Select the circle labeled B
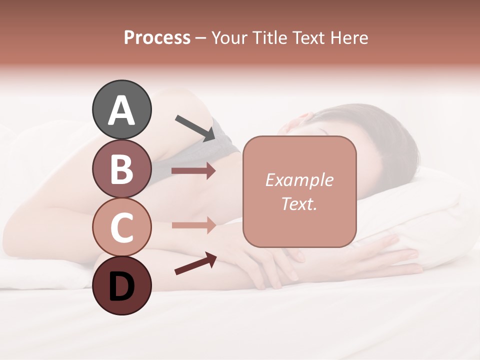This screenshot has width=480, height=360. click(121, 168)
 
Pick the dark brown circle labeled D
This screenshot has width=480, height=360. click(121, 285)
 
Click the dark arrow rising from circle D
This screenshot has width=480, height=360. click(195, 263)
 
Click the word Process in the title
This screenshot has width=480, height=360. click(157, 37)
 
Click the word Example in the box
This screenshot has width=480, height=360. click(299, 180)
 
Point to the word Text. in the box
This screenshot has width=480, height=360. click(299, 203)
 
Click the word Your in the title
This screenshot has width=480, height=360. click(227, 37)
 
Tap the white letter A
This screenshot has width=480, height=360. click(121, 110)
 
